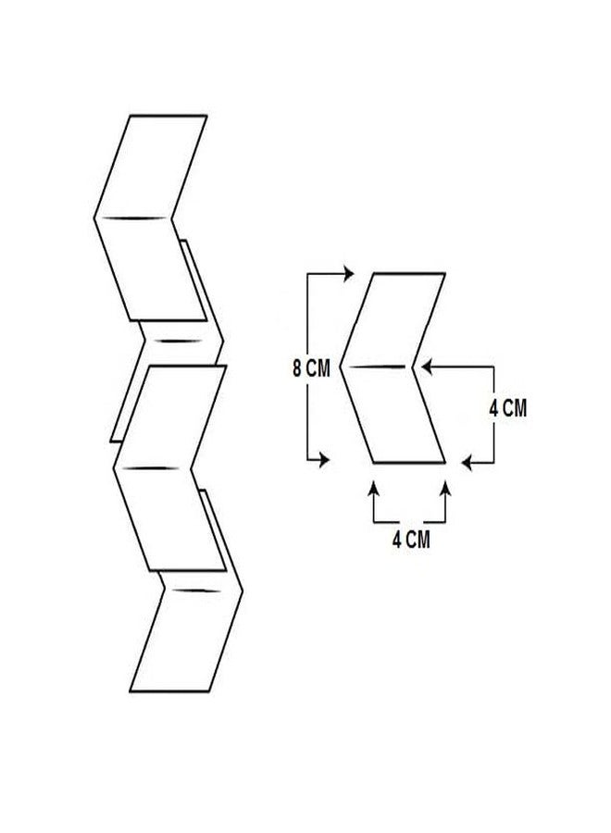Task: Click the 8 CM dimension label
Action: (311, 368)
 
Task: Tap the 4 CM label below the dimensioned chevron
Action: (411, 540)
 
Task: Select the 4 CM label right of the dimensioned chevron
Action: (508, 408)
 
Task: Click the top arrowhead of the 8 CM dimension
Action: (348, 274)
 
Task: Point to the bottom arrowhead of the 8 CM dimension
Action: (324, 459)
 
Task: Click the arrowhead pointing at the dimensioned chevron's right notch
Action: (426, 366)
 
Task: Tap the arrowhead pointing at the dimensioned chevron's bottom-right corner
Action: (467, 463)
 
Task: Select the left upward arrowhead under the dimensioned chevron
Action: (374, 487)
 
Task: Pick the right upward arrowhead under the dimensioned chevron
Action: (445, 487)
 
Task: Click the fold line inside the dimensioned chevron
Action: (377, 367)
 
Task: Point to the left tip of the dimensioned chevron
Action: (341, 367)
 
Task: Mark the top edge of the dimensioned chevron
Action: (409, 274)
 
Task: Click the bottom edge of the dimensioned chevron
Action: (409, 463)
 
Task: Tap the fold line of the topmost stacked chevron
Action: (133, 218)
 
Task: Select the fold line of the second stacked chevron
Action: (181, 341)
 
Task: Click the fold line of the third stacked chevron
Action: (153, 468)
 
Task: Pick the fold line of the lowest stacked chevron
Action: (197, 591)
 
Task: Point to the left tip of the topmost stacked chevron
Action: (95, 218)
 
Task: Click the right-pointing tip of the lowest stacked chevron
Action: (242, 591)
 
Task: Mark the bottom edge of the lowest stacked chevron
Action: (169, 691)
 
